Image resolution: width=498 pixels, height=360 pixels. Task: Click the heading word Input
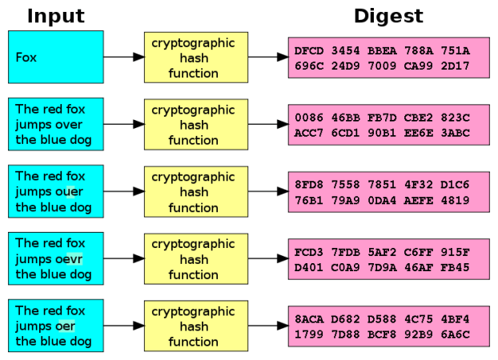(55, 15)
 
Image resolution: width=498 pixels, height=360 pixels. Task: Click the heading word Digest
(388, 15)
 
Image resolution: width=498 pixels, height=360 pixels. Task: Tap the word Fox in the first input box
(26, 58)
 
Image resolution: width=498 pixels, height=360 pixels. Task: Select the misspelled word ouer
(70, 192)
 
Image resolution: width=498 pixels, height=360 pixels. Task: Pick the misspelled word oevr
(70, 259)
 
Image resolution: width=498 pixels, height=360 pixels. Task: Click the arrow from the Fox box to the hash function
(123, 58)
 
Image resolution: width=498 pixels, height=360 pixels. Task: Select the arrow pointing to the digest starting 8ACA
(267, 326)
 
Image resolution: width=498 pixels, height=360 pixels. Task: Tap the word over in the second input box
(70, 125)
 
